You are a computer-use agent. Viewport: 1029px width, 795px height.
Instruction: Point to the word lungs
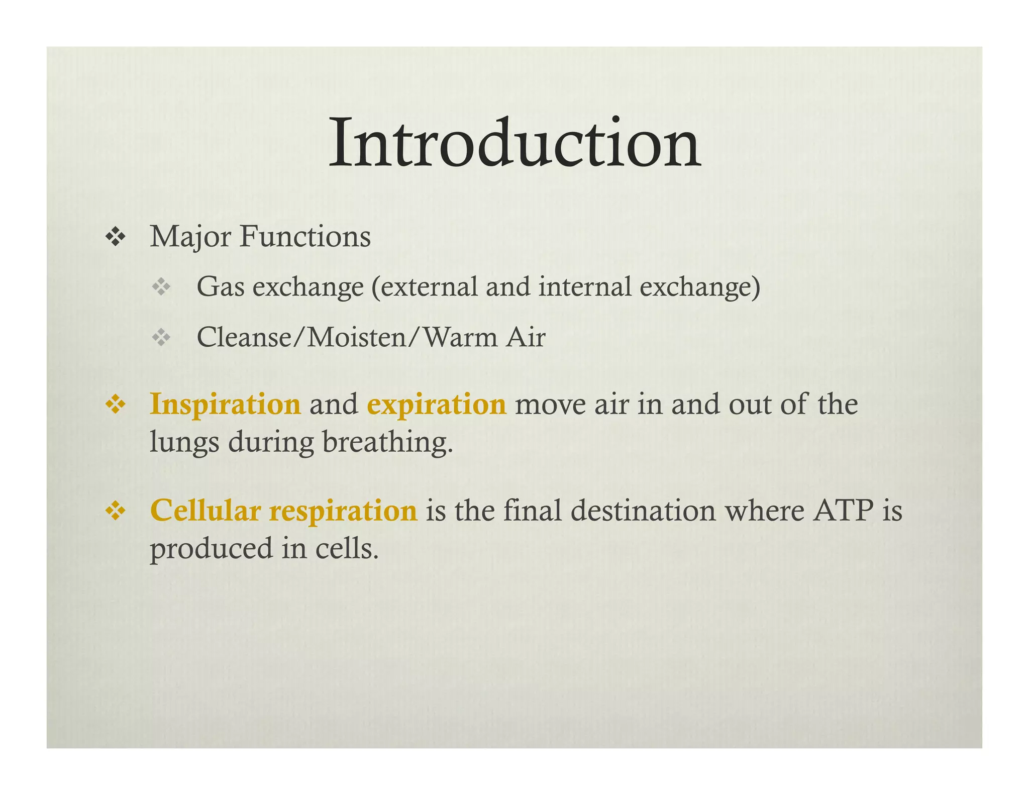(184, 443)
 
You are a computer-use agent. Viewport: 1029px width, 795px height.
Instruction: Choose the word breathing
(387, 443)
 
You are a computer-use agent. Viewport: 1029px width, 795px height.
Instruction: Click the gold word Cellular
(205, 511)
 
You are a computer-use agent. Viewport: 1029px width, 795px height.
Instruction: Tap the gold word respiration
(343, 512)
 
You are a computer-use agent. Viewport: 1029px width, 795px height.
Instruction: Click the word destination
(643, 511)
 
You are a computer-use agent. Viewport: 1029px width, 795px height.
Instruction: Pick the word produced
(212, 549)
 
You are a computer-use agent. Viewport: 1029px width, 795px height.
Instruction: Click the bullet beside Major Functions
(116, 237)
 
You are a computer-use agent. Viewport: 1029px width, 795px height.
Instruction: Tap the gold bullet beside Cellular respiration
(116, 511)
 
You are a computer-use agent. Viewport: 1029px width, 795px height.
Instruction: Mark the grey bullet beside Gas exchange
(161, 287)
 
